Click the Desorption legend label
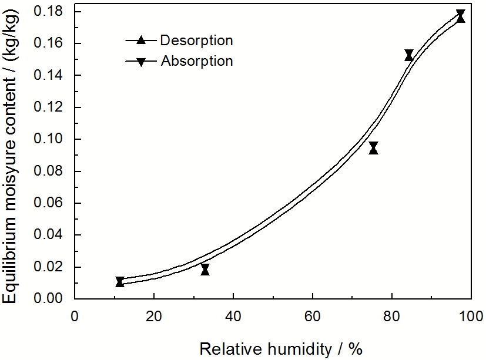pyautogui.click(x=196, y=41)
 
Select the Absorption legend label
pyautogui.click(x=196, y=60)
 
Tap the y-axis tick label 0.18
pyautogui.click(x=53, y=12)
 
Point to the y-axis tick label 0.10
pyautogui.click(x=53, y=139)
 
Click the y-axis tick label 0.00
pyautogui.click(x=53, y=298)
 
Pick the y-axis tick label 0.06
pyautogui.click(x=53, y=203)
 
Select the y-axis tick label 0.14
pyautogui.click(x=53, y=76)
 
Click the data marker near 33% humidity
pyautogui.click(x=205, y=270)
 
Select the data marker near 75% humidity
pyautogui.click(x=373, y=148)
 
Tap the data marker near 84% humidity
pyautogui.click(x=409, y=55)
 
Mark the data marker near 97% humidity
pyautogui.click(x=461, y=16)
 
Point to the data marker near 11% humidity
pyautogui.click(x=120, y=282)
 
